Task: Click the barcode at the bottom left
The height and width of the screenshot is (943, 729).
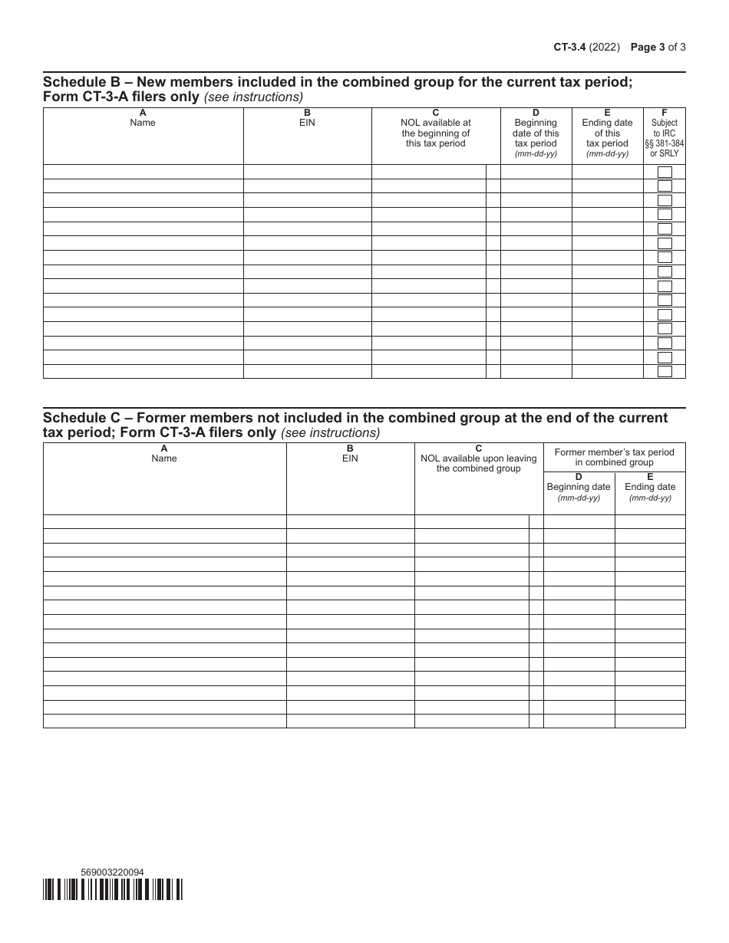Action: [113, 889]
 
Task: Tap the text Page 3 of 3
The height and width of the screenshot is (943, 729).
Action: [658, 47]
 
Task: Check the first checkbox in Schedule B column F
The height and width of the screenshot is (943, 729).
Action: [665, 172]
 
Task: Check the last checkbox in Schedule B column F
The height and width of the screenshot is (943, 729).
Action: [665, 372]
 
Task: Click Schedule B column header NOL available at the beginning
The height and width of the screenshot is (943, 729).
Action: [436, 133]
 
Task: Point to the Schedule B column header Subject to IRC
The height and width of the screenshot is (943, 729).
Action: [665, 138]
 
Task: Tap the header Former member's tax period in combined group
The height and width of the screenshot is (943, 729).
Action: [614, 457]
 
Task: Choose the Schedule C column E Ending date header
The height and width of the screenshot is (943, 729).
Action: [650, 487]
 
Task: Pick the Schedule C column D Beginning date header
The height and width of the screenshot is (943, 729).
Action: [579, 487]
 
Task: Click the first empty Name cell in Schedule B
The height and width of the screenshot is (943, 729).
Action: [143, 172]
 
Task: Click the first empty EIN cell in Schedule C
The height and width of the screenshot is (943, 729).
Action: [350, 522]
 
